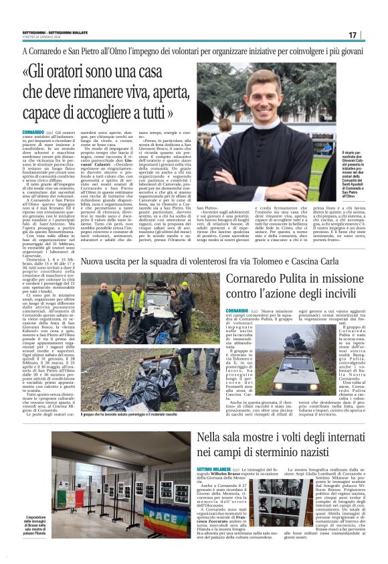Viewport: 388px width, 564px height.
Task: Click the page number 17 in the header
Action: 369,35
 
